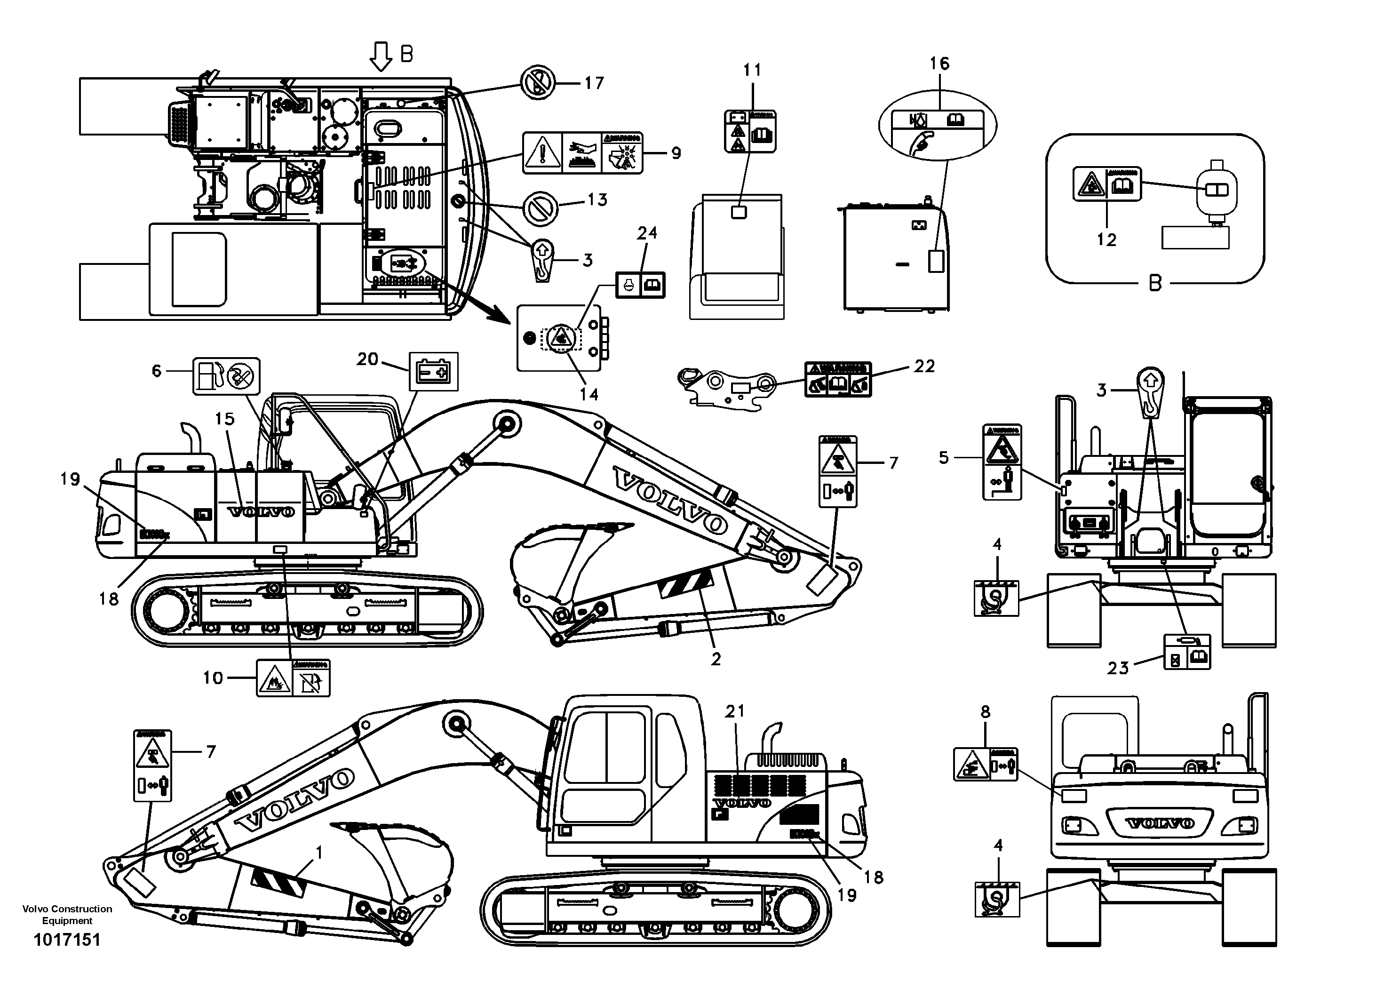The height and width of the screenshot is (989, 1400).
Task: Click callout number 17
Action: coord(593,83)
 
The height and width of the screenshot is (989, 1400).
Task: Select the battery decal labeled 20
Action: coord(433,371)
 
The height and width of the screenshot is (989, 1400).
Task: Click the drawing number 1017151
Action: coord(67,940)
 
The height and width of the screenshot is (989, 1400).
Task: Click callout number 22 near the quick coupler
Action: coord(924,366)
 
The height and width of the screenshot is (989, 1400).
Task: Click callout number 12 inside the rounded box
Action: coord(1106,239)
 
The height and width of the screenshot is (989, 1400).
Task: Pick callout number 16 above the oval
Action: coord(939,64)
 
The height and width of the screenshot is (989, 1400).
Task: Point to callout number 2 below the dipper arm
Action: coord(716,659)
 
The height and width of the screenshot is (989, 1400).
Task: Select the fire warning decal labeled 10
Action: coord(293,678)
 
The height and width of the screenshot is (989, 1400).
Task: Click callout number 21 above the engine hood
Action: coord(735,711)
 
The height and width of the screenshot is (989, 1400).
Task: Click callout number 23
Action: coord(1118,668)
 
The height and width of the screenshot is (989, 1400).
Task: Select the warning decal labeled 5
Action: coord(1002,462)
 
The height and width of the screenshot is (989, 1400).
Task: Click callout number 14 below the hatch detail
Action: coord(589,394)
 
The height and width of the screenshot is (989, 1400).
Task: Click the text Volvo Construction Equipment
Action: coord(67,915)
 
